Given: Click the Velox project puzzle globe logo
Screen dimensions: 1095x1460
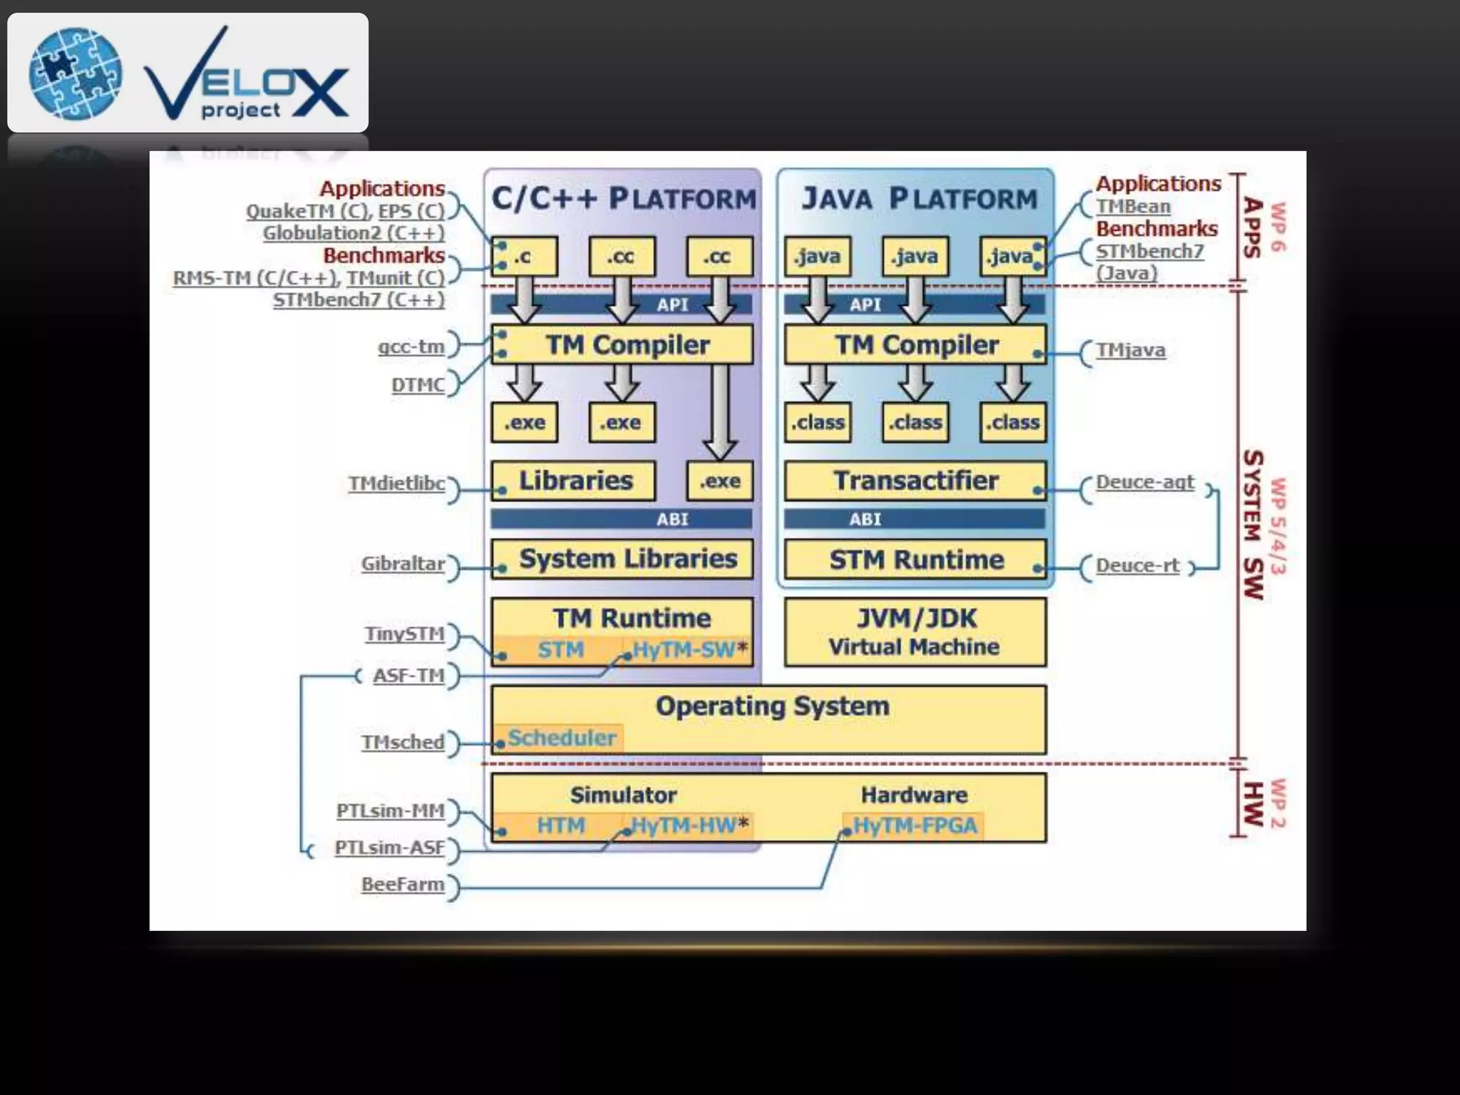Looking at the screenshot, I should [75, 73].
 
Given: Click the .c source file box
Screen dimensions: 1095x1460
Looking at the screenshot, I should [524, 257].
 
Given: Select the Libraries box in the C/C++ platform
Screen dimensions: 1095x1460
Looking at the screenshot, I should [574, 480].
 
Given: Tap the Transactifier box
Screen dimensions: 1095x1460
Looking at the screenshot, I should [915, 480].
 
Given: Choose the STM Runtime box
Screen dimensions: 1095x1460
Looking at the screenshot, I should [915, 560].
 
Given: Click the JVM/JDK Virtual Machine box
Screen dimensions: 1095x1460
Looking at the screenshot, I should [915, 632].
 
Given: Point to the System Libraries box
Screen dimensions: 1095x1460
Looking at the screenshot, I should [622, 559].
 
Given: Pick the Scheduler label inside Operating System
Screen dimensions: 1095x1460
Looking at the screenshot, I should [562, 738].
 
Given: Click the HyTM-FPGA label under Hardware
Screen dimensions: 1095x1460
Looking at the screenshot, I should [915, 826].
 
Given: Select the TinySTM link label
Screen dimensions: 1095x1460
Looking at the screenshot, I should [404, 634].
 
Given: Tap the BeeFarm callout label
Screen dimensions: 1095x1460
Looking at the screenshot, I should [402, 885].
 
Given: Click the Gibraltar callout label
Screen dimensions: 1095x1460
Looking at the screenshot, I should [403, 564].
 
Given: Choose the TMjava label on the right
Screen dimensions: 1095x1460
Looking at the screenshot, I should [1131, 351].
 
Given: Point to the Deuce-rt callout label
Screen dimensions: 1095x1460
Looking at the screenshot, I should [1137, 565].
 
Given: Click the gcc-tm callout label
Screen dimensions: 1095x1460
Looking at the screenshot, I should [411, 347].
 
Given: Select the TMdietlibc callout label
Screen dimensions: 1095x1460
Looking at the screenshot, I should [396, 484].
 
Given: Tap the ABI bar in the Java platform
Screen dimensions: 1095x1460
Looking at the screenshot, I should [915, 519].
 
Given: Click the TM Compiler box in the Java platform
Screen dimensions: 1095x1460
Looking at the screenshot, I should [915, 345].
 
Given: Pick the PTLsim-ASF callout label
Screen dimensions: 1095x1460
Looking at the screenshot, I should [389, 848].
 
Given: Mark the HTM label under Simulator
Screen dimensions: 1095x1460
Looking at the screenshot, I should [560, 826].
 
